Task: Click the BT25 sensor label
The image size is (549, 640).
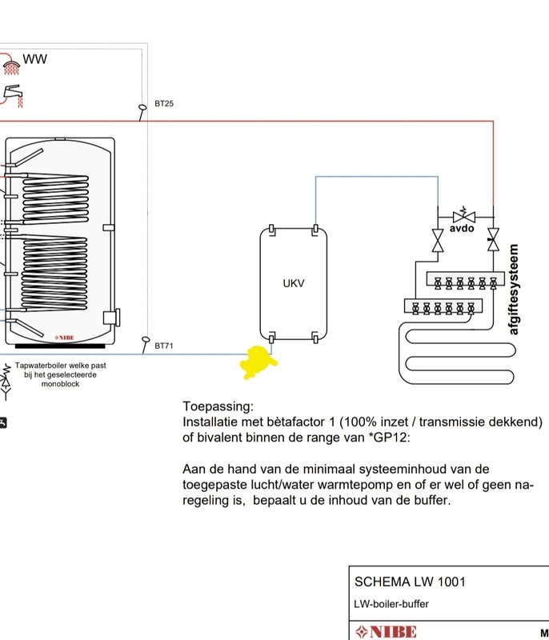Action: tap(164, 104)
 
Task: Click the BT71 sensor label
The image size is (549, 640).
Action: tap(164, 346)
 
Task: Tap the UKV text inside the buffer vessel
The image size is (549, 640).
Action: tap(294, 283)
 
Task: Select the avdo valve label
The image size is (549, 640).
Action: tap(462, 228)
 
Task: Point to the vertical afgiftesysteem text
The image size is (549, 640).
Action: tap(514, 289)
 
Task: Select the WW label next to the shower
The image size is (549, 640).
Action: tap(35, 58)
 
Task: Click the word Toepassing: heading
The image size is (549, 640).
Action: tap(218, 406)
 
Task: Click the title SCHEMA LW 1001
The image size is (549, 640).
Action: tap(409, 582)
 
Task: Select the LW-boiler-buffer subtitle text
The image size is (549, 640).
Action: tap(391, 604)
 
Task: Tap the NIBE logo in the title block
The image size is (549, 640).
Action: tap(387, 632)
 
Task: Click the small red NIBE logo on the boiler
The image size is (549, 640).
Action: tap(64, 338)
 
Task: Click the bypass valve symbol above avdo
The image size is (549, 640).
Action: tap(463, 215)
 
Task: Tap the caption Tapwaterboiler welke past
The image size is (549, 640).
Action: tap(60, 366)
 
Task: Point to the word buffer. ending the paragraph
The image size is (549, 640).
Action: tap(432, 501)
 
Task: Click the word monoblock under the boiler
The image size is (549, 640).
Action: tap(60, 384)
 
